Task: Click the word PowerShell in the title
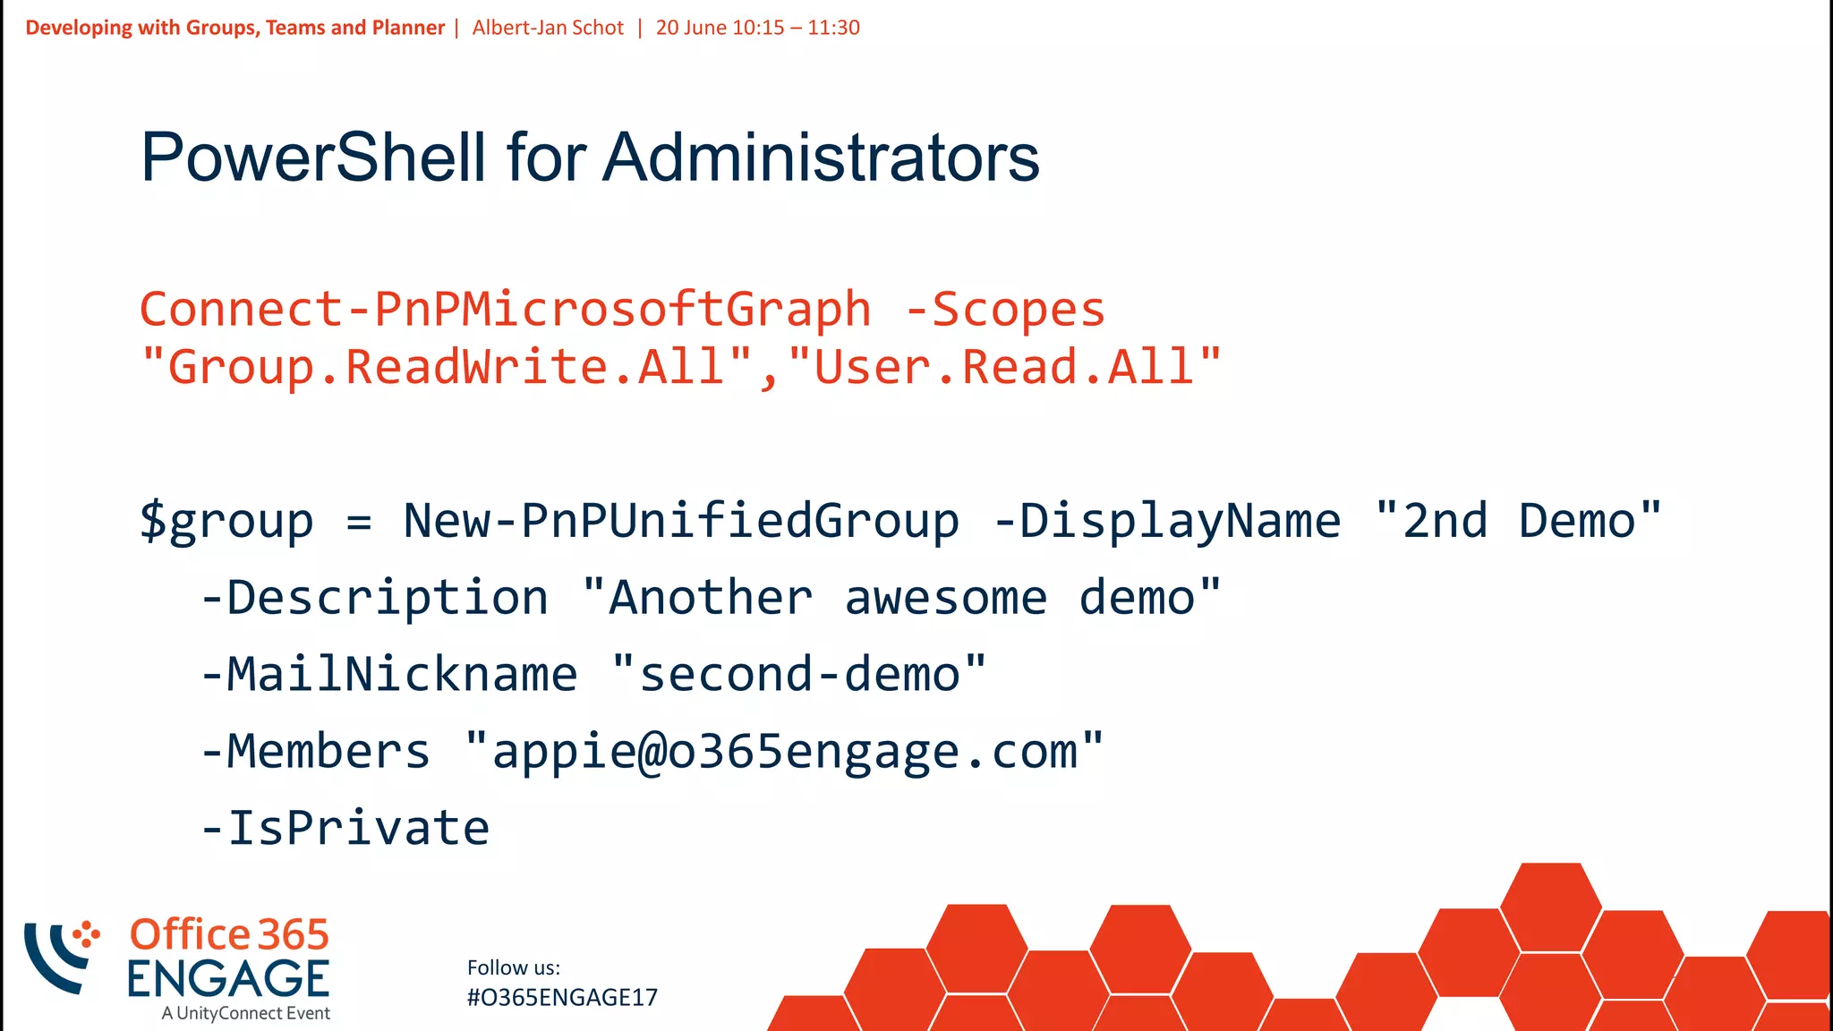point(313,158)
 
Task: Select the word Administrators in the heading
point(821,158)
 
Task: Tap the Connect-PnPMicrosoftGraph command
point(505,310)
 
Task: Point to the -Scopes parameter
point(1005,310)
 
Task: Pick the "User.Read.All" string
point(1004,367)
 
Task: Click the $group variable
point(227,521)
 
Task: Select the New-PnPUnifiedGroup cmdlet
point(681,521)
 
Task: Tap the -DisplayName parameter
point(1167,521)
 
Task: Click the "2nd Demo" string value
point(1518,521)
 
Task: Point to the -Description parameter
point(374,598)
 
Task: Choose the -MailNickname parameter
point(389,674)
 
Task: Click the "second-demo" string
point(799,674)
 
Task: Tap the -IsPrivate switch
point(345,828)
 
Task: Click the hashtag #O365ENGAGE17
point(562,998)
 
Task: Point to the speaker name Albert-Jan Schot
point(548,28)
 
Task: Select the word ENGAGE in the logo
point(228,979)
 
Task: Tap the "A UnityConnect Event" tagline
point(246,1013)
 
